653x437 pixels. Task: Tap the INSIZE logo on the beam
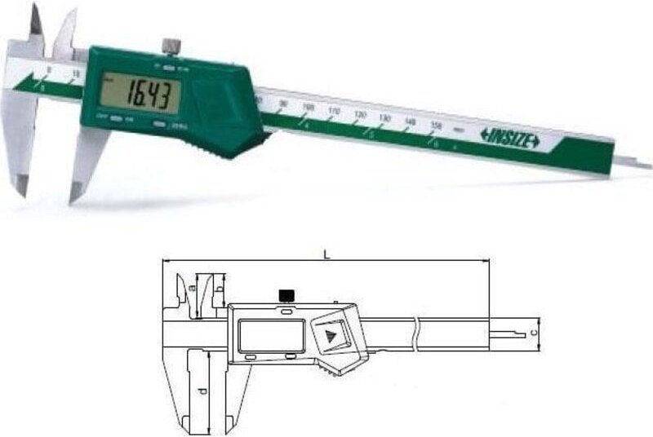(x=509, y=139)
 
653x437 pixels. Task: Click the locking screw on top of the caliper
(x=170, y=45)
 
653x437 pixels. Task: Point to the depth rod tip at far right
(x=645, y=166)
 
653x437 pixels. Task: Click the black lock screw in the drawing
(x=286, y=294)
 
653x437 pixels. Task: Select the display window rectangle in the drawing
(x=273, y=335)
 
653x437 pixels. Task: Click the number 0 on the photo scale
(x=48, y=71)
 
